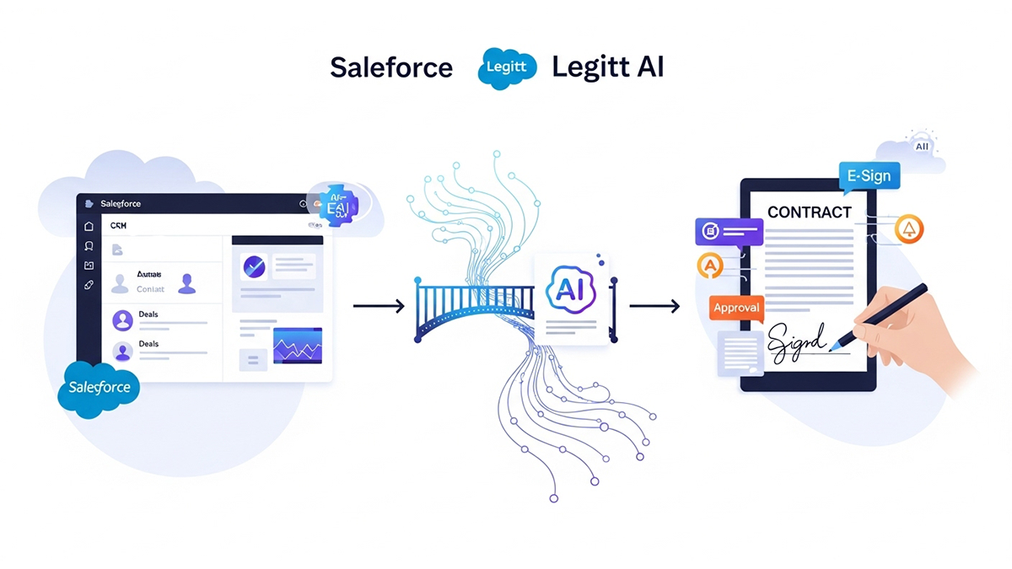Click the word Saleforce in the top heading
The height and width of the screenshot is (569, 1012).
[x=390, y=67]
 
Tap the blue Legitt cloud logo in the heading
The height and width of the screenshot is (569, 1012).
[x=507, y=68]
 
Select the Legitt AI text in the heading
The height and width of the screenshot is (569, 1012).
[x=607, y=67]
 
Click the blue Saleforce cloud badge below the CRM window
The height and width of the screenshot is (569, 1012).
[x=99, y=388]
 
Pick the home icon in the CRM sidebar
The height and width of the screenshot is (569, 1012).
[x=89, y=226]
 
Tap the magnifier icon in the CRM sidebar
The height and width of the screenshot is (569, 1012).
[x=89, y=245]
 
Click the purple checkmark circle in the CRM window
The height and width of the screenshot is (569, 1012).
[x=254, y=267]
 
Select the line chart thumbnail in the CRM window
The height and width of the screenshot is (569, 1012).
[x=298, y=346]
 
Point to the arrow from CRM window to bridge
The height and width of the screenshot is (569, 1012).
[x=379, y=305]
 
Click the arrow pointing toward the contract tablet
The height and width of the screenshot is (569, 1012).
[x=654, y=305]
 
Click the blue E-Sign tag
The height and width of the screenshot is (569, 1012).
[x=869, y=177]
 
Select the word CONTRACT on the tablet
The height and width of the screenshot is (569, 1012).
[x=809, y=212]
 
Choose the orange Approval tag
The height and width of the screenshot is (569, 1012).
[x=736, y=308]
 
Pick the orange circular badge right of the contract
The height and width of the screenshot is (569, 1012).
[x=909, y=228]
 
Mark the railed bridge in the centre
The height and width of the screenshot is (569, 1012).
[x=475, y=309]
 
